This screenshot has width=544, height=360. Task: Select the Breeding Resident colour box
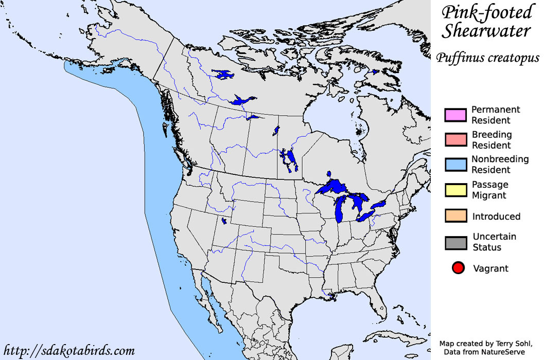pyautogui.click(x=455, y=140)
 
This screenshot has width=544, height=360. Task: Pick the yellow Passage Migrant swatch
pyautogui.click(x=455, y=190)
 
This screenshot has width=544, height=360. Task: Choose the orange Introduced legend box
pyautogui.click(x=455, y=216)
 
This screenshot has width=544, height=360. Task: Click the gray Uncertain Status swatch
pyautogui.click(x=455, y=242)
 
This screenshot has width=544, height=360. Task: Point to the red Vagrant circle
pyautogui.click(x=458, y=268)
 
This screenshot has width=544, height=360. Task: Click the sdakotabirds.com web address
pyautogui.click(x=68, y=351)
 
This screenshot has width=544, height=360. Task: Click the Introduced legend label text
pyautogui.click(x=496, y=217)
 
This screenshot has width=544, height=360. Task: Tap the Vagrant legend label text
pyautogui.click(x=490, y=268)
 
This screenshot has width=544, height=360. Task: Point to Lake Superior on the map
pyautogui.click(x=335, y=186)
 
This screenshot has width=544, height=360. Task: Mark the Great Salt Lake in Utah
pyautogui.click(x=223, y=221)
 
